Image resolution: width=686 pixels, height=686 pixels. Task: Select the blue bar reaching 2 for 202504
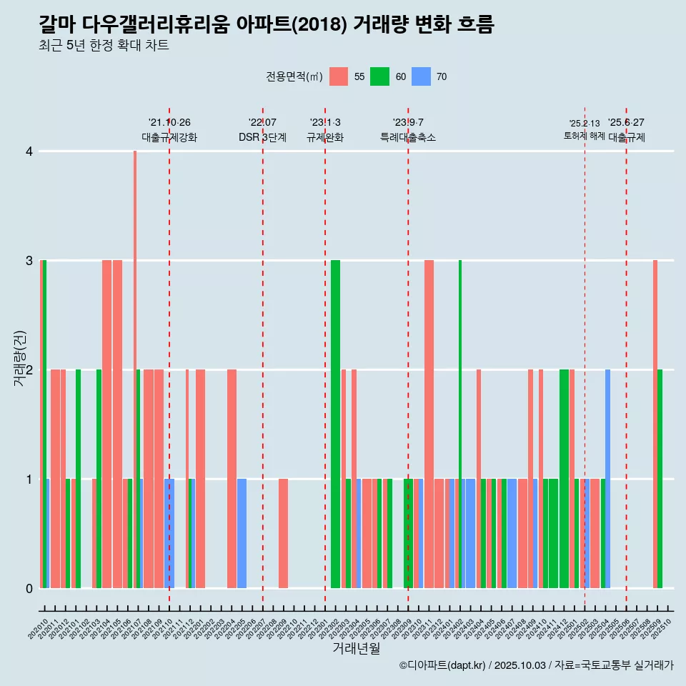coord(607,479)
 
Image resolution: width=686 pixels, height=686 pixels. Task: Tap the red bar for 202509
coord(655,422)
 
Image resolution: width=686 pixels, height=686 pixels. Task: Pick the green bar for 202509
coord(660,479)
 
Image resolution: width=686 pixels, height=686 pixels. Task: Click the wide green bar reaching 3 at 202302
coord(335,422)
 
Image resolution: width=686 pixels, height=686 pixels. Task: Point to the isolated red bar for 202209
coord(284,533)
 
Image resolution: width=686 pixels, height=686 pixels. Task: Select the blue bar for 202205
coord(242,533)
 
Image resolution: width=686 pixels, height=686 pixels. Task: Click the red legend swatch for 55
coord(339,76)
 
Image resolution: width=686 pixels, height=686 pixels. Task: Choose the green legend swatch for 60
coord(379,76)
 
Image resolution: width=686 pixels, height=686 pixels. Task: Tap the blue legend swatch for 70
coord(421,76)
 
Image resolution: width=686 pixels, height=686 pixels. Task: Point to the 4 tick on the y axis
coord(29,151)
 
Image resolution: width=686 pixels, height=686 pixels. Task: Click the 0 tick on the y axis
coord(29,588)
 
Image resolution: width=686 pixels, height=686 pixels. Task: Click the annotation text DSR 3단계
coord(262,137)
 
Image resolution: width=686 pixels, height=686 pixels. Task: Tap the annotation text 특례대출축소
coord(408,137)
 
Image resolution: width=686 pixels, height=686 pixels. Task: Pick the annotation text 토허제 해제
coord(585,136)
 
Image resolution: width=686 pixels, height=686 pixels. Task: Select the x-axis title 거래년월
coord(356,649)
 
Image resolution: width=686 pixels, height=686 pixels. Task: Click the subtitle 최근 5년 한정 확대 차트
coord(104,46)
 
